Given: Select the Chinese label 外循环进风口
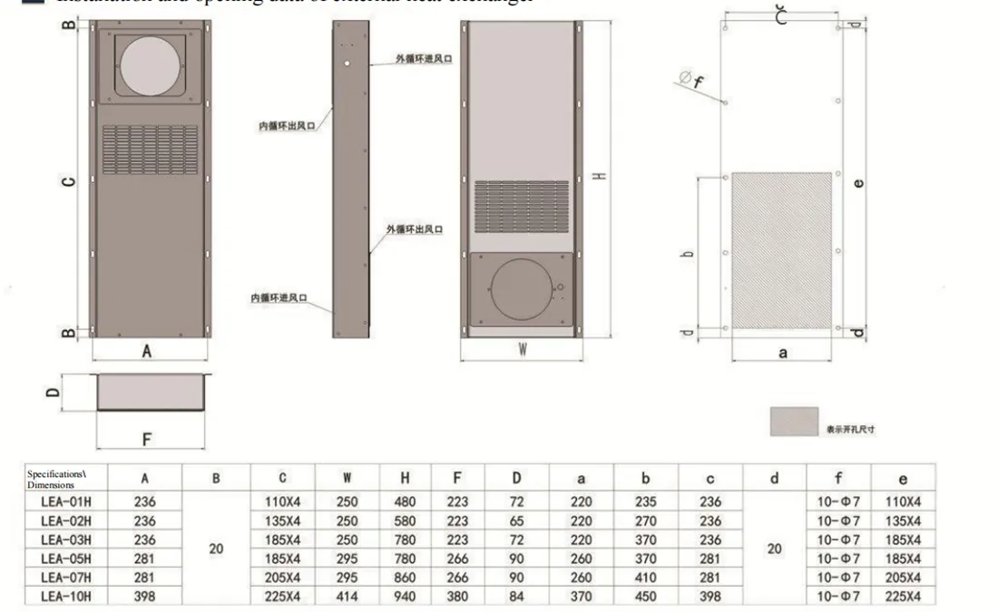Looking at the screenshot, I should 423,59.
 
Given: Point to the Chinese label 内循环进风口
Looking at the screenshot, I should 279,297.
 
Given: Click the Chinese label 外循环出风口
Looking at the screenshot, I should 414,230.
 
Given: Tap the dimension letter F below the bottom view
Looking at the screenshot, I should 146,439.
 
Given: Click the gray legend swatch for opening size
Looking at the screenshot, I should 793,422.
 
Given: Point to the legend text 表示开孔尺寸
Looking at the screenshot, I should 850,429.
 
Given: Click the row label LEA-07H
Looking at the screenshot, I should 66,577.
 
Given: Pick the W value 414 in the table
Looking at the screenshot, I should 347,596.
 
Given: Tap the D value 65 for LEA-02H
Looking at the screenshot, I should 515,520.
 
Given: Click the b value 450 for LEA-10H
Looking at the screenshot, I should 645,596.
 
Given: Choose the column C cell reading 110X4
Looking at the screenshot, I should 283,501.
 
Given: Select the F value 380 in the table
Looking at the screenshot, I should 458,596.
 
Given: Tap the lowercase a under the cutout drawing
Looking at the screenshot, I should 782,353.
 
